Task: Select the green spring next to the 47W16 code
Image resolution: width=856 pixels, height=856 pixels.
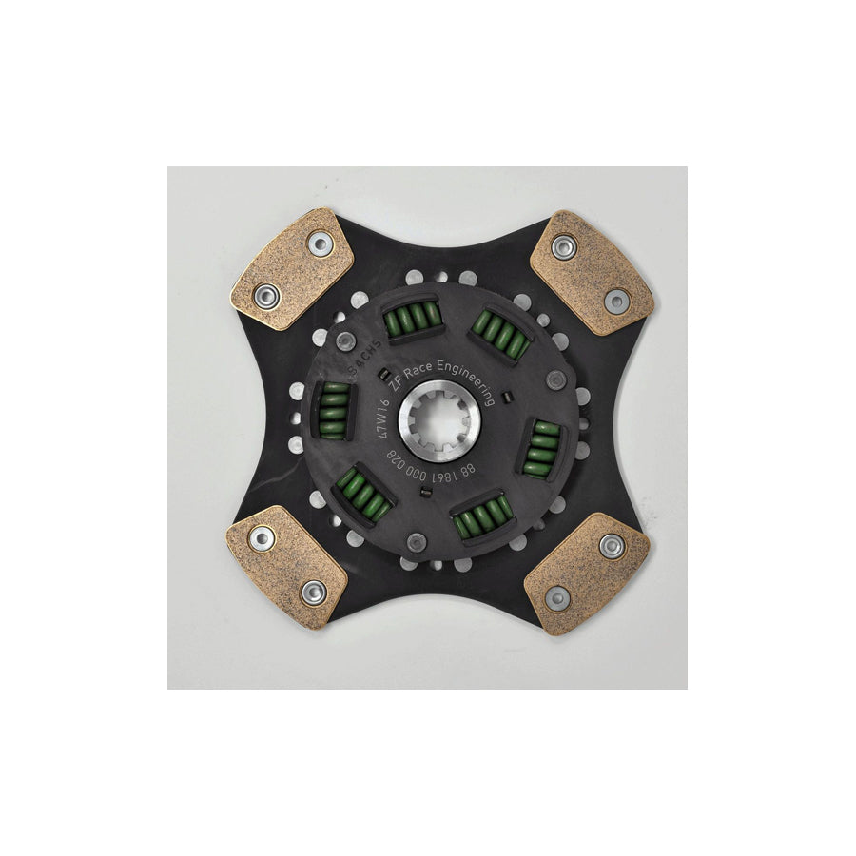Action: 333,410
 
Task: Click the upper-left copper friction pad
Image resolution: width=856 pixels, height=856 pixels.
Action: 292,268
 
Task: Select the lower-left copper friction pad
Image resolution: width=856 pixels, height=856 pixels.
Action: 286,565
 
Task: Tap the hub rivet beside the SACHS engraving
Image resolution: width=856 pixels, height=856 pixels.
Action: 346,340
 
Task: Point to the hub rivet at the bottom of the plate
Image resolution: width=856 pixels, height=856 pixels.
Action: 417,542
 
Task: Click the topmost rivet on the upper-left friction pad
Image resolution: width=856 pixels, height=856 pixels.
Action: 321,244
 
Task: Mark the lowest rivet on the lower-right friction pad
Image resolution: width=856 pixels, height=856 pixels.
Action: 557,598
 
